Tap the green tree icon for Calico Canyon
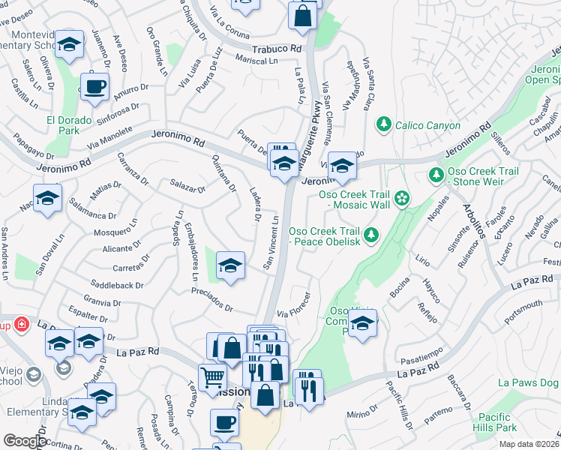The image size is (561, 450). point(384,123)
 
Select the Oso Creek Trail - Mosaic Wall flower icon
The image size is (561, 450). point(402,198)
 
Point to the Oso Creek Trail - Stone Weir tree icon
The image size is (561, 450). point(436,175)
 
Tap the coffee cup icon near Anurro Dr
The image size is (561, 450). point(94,87)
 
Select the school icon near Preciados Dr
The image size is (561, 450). point(230,265)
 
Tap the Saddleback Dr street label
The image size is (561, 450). point(116,285)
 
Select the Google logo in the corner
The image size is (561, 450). point(25,441)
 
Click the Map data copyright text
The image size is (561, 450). point(529,444)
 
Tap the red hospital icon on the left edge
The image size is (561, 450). point(22,324)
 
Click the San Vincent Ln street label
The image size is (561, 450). point(271,243)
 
